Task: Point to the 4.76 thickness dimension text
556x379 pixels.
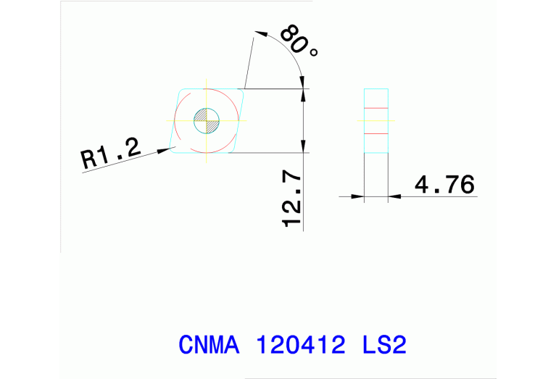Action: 444,186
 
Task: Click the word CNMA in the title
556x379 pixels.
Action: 209,344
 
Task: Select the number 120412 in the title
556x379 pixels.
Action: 300,344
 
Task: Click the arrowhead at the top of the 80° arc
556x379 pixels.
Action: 262,33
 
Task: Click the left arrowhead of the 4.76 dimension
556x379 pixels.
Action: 357,196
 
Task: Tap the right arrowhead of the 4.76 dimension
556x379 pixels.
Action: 396,196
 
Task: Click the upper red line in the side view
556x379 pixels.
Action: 376,108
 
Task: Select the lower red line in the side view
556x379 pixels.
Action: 376,134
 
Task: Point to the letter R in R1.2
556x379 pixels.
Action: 88,159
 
